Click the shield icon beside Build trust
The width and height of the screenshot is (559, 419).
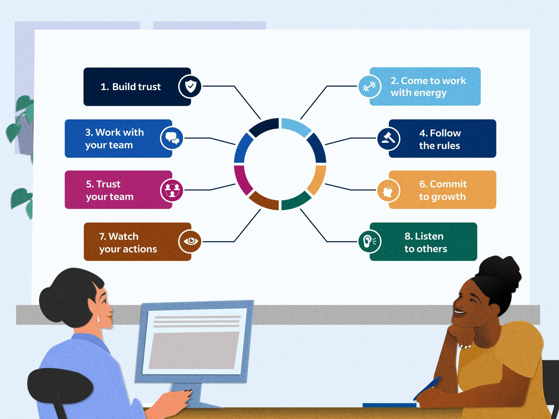pyautogui.click(x=190, y=87)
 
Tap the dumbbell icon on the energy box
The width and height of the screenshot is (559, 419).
pyautogui.click(x=369, y=87)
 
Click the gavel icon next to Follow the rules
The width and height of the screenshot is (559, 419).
pyautogui.click(x=388, y=138)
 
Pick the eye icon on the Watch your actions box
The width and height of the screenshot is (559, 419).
pyautogui.click(x=190, y=241)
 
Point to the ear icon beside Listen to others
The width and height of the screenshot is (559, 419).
pyautogui.click(x=369, y=241)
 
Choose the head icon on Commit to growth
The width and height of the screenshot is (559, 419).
pyautogui.click(x=388, y=190)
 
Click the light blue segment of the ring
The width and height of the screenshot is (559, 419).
pyautogui.click(x=296, y=126)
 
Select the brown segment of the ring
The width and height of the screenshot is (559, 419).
pyautogui.click(x=264, y=201)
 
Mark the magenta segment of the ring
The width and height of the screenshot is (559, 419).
pyautogui.click(x=241, y=179)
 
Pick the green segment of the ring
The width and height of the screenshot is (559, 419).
pyautogui.click(x=296, y=201)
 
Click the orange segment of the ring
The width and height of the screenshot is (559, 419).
pyautogui.click(x=318, y=179)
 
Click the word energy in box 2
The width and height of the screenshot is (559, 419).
pyautogui.click(x=431, y=93)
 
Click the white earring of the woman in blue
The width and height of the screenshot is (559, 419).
pyautogui.click(x=99, y=318)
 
